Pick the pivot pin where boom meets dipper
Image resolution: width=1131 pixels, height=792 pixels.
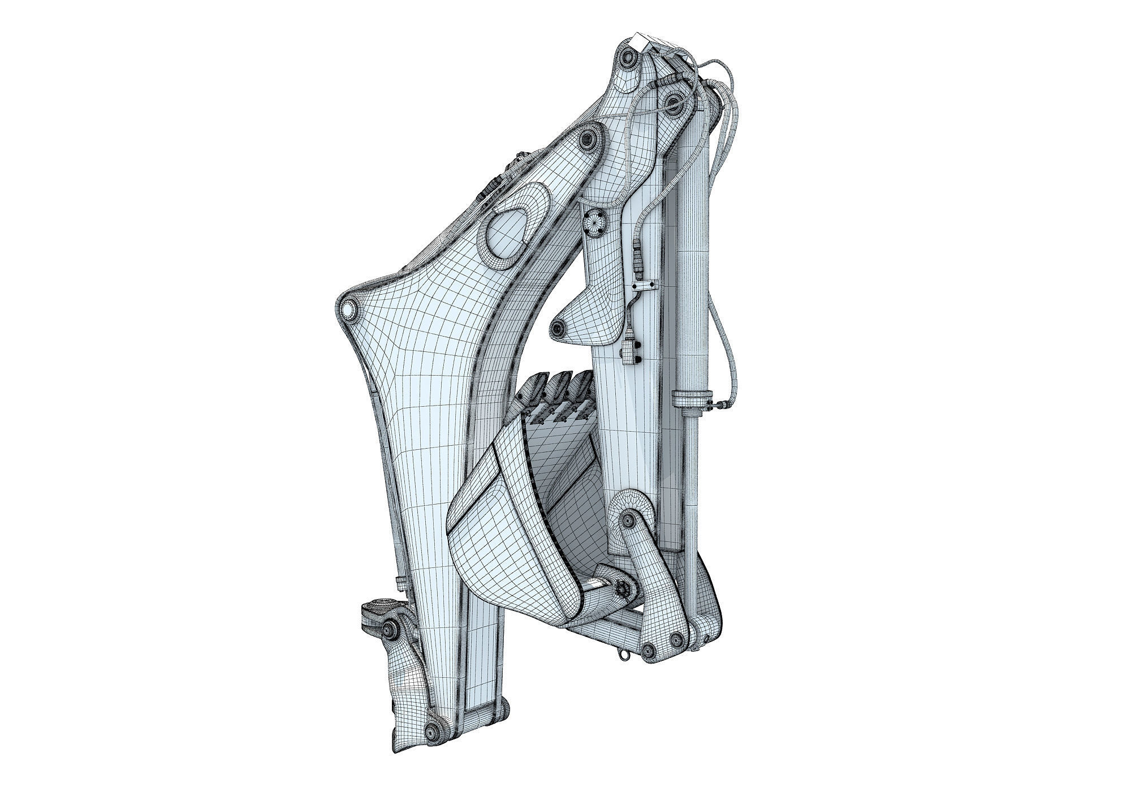(588, 137)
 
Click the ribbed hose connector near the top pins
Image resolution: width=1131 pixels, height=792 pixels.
(662, 83)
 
